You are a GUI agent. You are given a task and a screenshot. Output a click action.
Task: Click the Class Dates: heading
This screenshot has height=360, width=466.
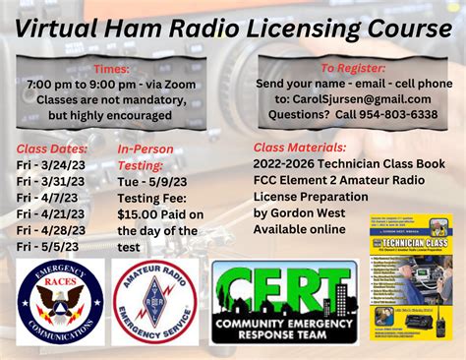coord(53,149)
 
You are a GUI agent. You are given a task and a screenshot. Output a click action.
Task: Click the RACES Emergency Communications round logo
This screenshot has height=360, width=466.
coord(60,302)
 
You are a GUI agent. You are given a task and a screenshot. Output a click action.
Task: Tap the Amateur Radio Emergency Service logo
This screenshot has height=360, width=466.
coord(154,302)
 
